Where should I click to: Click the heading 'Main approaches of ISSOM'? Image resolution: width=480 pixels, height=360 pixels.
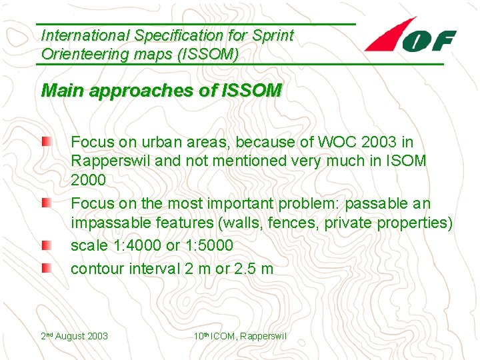[x=161, y=91]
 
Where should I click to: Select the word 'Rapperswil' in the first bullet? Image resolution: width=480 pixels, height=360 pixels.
[x=104, y=161]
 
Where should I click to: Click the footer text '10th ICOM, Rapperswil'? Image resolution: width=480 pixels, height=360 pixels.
[x=240, y=336]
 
